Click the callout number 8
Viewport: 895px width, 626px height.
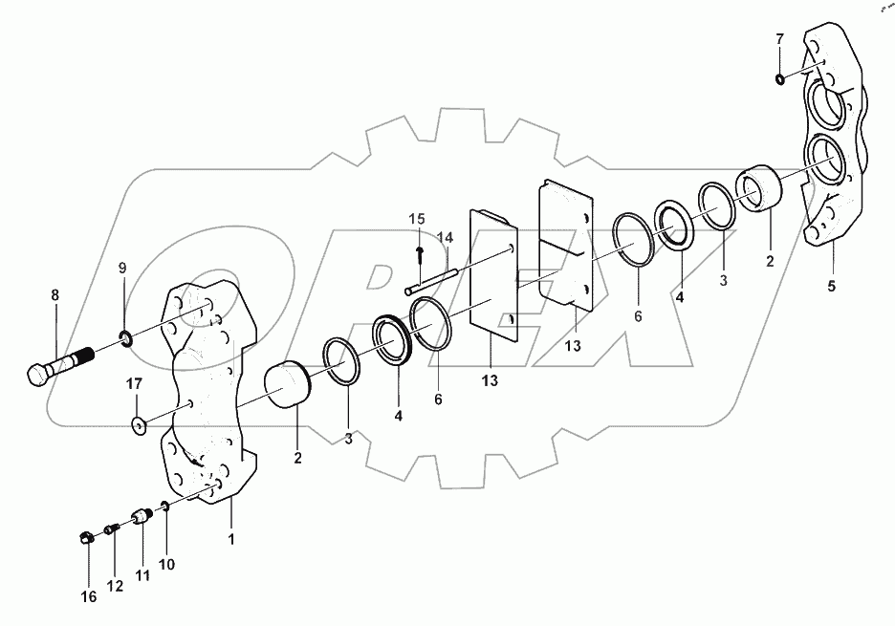[55, 295]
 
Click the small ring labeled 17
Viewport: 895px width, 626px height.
[140, 423]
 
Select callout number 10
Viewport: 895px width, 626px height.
[166, 565]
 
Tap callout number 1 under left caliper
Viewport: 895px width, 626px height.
[230, 539]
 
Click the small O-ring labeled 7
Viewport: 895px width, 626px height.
[781, 77]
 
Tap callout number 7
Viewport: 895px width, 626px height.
[779, 39]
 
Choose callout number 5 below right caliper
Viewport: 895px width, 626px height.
[831, 286]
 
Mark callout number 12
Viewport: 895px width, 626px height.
[115, 586]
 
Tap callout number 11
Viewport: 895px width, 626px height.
[142, 575]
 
